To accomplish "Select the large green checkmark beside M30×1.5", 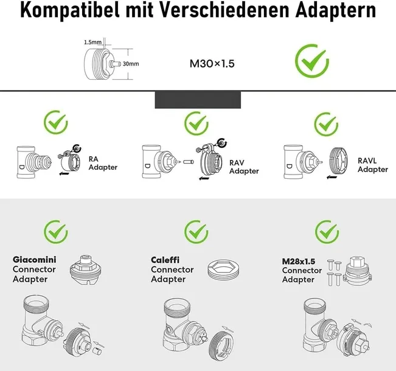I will click(x=312, y=61).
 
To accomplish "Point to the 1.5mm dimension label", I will click(x=92, y=43).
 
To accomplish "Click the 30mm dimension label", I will click(x=131, y=63).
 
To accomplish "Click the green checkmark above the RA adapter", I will click(x=56, y=123).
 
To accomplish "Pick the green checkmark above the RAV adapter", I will click(x=196, y=124).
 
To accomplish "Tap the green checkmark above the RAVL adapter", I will click(x=326, y=124).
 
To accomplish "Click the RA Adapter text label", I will click(x=103, y=162).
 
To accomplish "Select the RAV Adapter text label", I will click(x=243, y=167).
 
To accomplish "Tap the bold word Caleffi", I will click(x=165, y=260).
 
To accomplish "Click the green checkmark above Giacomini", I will click(x=56, y=231).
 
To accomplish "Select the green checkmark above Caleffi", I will click(x=196, y=231).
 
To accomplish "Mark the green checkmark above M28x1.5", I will click(x=327, y=231).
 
